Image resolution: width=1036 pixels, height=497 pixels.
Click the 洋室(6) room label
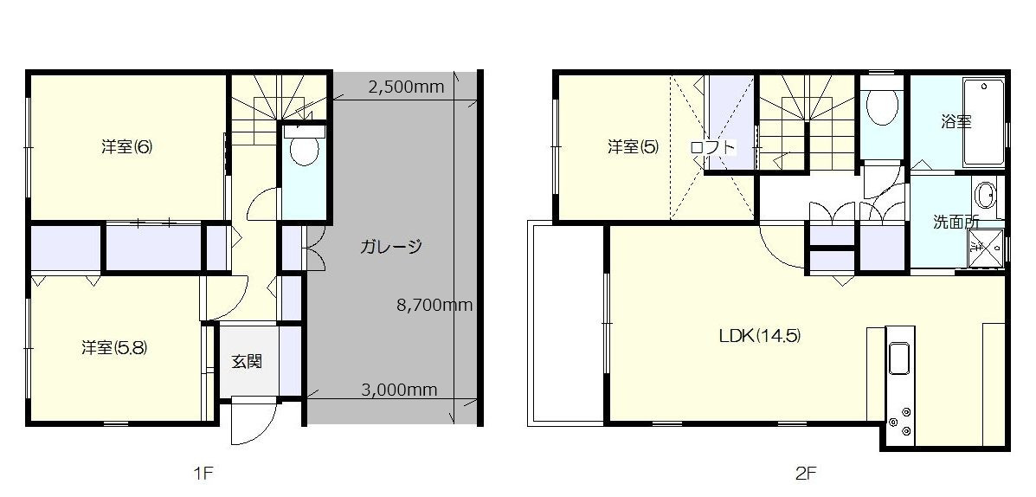coord(127,147)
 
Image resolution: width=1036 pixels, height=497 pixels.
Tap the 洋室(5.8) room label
coord(113,347)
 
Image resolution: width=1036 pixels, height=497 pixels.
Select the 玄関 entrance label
coord(247,362)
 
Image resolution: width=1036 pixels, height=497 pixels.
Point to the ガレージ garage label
coord(390,247)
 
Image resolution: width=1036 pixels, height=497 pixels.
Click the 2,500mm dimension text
coord(406,87)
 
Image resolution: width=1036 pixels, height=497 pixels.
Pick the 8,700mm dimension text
coord(434,305)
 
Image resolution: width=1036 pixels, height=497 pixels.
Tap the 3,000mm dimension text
coord(399,390)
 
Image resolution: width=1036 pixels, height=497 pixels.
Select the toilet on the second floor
coord(882,107)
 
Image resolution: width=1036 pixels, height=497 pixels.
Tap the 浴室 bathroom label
coord(956,121)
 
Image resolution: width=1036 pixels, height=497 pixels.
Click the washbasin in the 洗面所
coord(988,196)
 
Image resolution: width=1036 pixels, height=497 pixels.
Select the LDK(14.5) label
coord(760,336)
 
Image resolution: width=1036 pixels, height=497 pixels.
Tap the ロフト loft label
coord(712,146)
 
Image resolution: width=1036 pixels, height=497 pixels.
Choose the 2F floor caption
coord(806,473)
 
